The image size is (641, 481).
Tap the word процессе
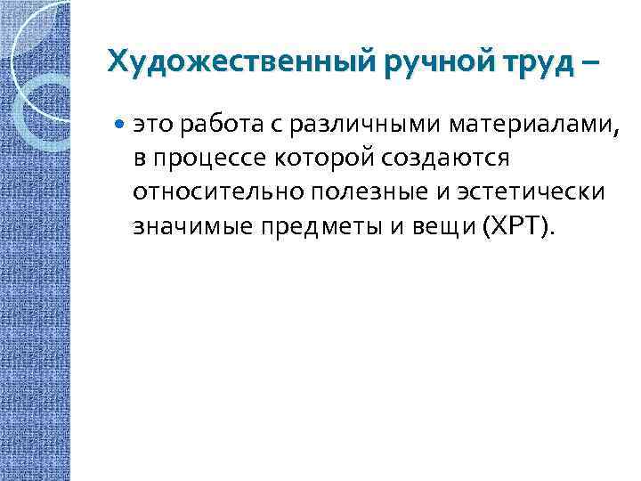click(x=205, y=159)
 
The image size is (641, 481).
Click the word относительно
click(x=204, y=193)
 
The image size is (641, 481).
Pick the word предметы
click(x=298, y=226)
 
